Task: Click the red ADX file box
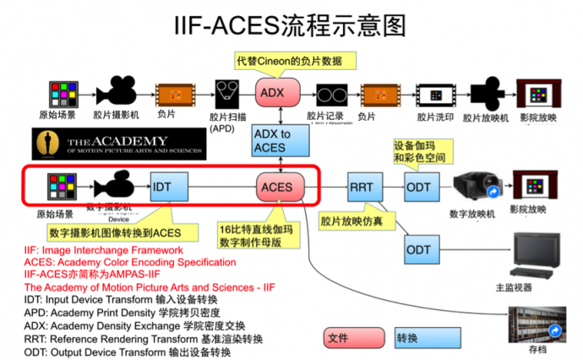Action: point(270,92)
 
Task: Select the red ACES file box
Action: point(276,187)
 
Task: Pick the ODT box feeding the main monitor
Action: point(419,249)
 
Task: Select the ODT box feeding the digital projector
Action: point(419,187)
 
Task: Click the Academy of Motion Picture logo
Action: point(118,145)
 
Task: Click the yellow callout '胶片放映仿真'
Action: point(351,222)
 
